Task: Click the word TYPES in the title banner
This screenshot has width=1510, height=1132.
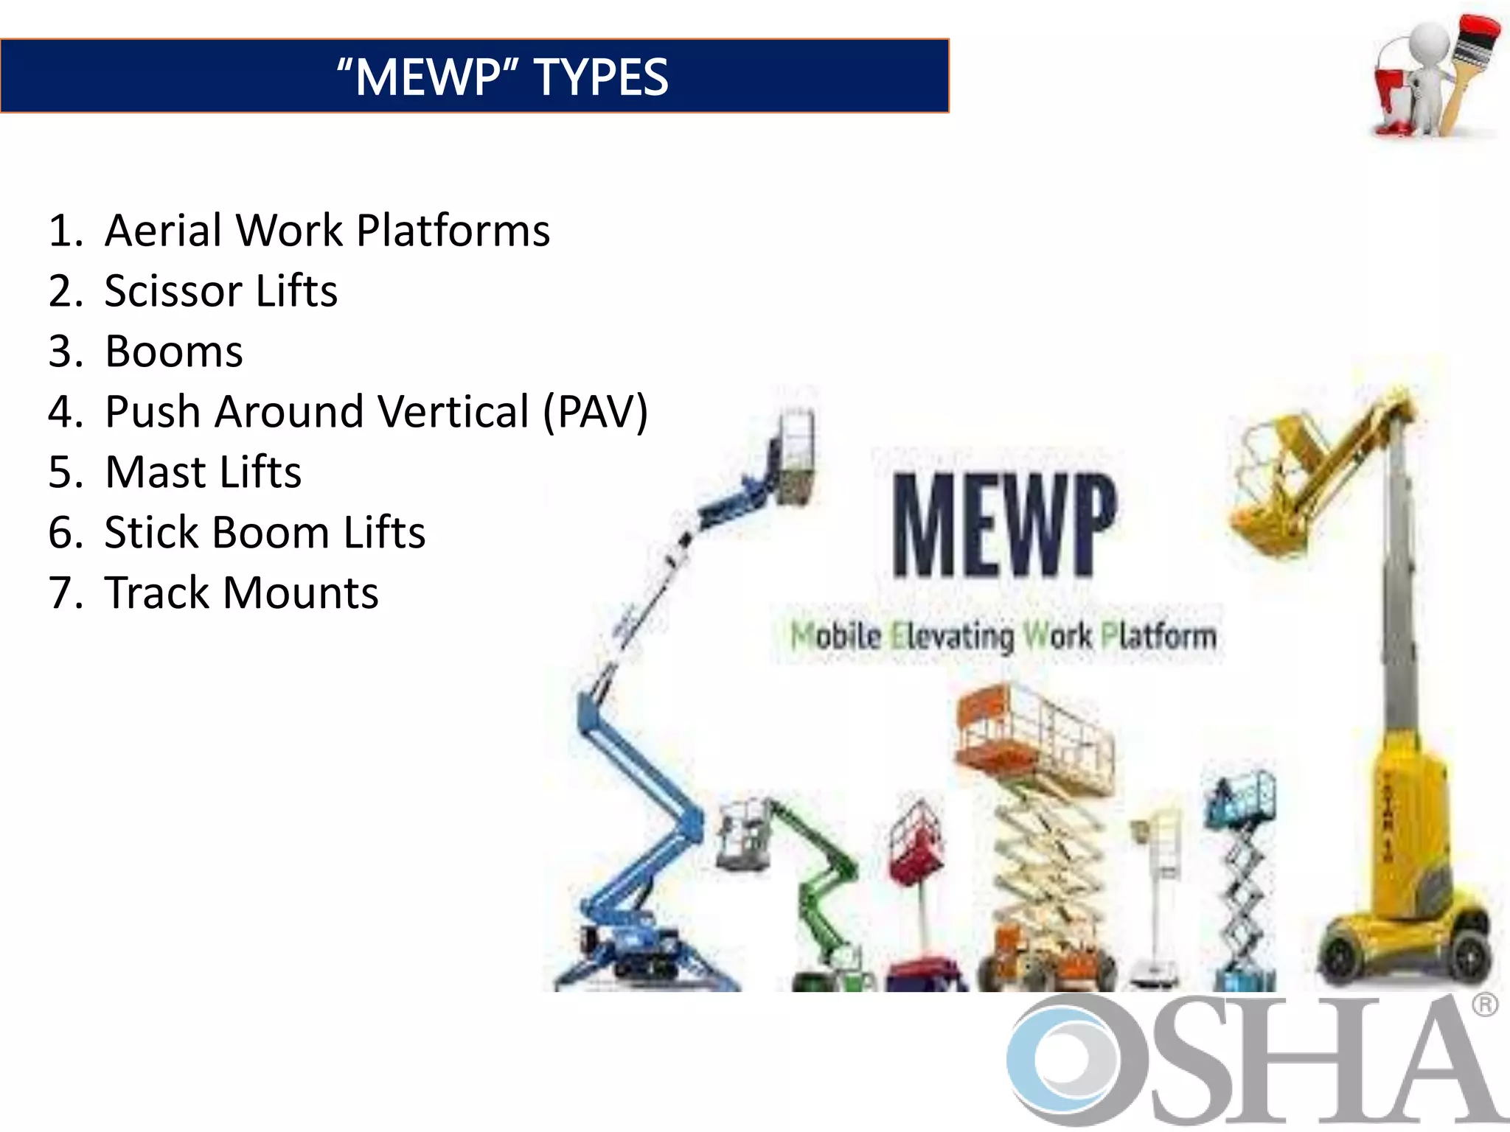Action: coord(600,77)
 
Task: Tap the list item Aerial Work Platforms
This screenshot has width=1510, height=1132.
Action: coord(327,231)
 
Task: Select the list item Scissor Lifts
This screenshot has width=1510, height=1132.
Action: coord(220,291)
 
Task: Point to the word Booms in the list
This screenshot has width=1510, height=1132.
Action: coord(174,352)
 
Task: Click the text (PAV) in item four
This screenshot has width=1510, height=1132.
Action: coord(595,411)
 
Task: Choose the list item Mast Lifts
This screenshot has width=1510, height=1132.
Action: coord(203,472)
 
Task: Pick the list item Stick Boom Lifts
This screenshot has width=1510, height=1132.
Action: coord(265,532)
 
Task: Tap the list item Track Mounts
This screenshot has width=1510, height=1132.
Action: coord(241,593)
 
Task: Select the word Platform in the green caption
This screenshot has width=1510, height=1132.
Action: coord(1158,636)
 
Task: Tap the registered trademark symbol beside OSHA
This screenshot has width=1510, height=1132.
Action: coord(1485,1006)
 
